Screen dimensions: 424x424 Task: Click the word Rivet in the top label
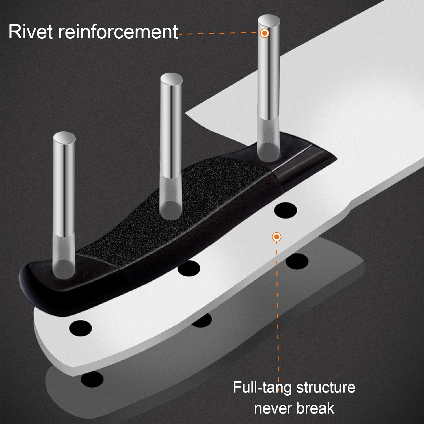click(x=31, y=31)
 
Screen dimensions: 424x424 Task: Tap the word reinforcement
click(x=118, y=31)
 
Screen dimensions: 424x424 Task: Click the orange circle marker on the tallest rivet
click(x=264, y=33)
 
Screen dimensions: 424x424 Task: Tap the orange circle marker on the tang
click(x=276, y=237)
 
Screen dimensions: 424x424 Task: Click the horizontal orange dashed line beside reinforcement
click(x=219, y=33)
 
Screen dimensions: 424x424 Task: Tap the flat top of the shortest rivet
click(x=64, y=138)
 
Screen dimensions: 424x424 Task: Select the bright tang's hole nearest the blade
click(x=285, y=210)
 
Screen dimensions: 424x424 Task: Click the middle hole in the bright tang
click(x=189, y=268)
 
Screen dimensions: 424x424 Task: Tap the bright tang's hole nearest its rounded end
click(x=81, y=328)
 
